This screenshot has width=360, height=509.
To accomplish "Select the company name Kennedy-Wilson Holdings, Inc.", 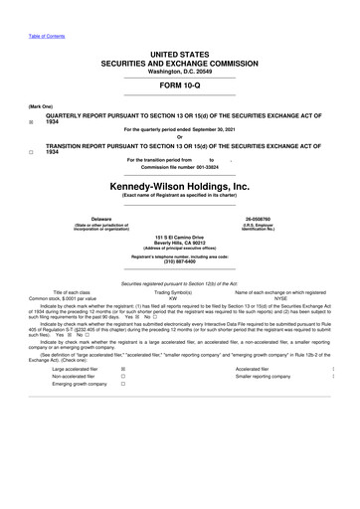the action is (x=179, y=186).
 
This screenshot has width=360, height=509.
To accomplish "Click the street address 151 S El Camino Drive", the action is (x=179, y=236).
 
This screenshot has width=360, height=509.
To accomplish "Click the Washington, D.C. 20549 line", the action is (x=179, y=72).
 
